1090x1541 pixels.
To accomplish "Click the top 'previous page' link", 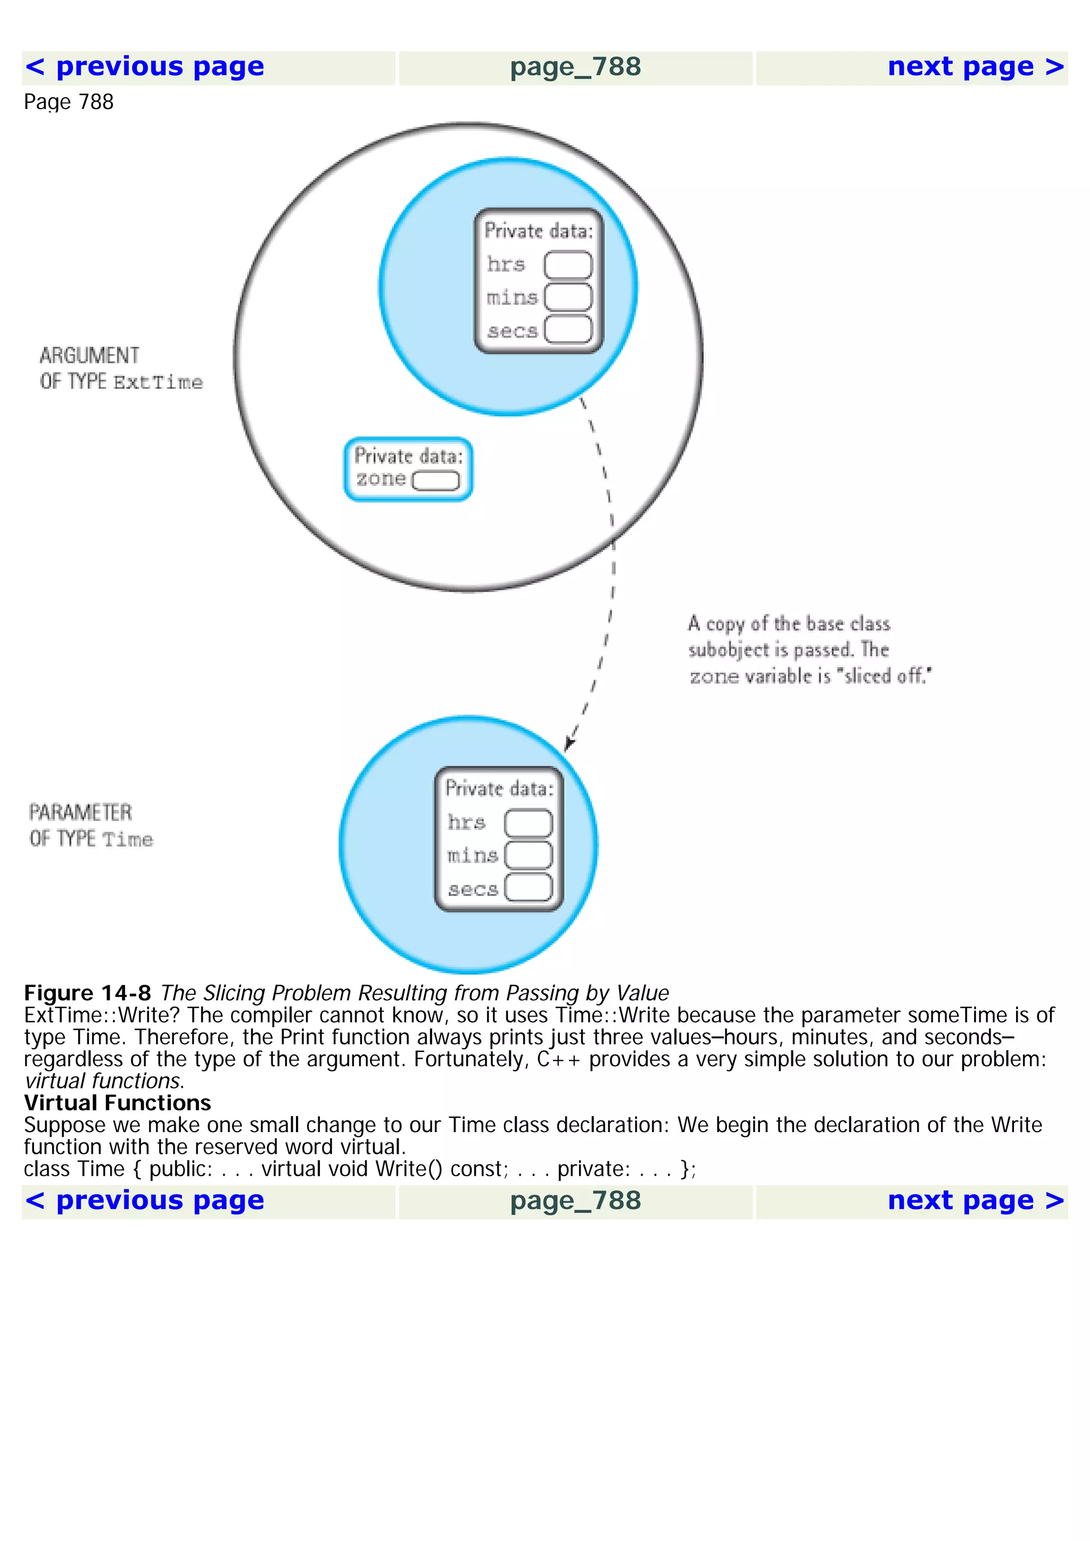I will coord(144,67).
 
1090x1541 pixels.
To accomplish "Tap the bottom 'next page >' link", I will coord(975,1201).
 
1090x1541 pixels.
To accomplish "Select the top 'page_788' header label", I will coord(575,67).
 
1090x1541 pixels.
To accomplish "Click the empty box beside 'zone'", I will coord(435,481).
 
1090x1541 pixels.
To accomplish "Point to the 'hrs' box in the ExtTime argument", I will coord(567,264).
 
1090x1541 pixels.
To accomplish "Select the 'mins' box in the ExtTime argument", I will coord(567,297).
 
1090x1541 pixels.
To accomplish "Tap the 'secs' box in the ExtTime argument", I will coord(567,330).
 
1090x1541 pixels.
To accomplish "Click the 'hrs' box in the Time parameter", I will coord(528,823).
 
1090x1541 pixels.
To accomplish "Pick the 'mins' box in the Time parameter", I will coord(528,855).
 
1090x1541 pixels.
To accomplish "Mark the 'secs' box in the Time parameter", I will coord(528,887).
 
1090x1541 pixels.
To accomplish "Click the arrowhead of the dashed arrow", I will coord(569,744).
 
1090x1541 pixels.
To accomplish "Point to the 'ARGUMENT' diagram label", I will coord(89,355).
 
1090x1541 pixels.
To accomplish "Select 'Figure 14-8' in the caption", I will coord(87,993).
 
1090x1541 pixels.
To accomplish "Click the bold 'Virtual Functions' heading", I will coord(118,1103).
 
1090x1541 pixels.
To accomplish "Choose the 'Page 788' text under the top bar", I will coord(69,102).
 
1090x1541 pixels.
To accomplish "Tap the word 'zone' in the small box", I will coord(381,479).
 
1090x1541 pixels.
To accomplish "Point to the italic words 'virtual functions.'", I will coord(104,1081).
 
